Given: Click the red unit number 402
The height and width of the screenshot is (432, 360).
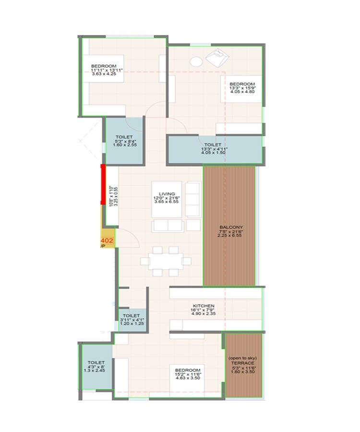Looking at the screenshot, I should point(107,240).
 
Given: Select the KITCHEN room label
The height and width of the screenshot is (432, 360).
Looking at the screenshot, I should point(204,306).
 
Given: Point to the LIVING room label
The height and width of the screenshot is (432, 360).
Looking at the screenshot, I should point(167,194).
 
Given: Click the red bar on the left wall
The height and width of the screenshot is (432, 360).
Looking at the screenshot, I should point(102,184).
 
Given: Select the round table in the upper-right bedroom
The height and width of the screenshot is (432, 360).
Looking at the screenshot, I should point(196,61).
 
